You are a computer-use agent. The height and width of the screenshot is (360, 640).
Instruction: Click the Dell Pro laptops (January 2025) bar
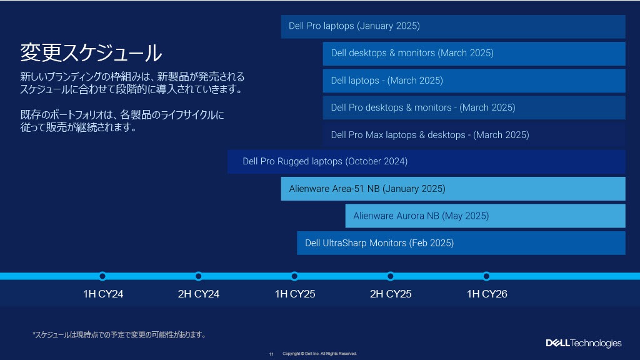pos(453,26)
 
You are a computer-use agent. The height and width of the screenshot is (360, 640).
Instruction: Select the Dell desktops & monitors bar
pos(474,54)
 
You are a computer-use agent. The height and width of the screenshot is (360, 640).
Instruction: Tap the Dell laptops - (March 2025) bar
pos(474,81)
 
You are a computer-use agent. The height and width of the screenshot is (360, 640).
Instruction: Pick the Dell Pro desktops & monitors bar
pos(474,107)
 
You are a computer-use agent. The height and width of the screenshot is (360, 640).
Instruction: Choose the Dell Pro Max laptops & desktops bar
pos(474,135)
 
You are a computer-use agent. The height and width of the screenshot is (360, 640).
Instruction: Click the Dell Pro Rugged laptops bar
pos(426,162)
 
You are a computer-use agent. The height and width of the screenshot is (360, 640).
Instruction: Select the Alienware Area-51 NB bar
pos(453,189)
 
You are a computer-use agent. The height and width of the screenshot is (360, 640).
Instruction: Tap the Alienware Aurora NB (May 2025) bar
pos(485,216)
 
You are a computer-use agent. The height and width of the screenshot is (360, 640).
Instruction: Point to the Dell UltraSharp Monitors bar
pos(461,243)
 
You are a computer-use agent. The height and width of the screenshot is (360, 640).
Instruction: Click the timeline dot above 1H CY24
pos(102,276)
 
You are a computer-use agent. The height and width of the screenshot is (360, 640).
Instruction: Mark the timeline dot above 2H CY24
pos(198,276)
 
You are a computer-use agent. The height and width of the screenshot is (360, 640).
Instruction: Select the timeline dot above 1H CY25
pos(294,276)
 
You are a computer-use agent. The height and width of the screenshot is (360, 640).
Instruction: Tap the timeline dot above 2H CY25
pos(390,276)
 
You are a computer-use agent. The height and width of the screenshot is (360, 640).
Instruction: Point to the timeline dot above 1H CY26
pos(486,276)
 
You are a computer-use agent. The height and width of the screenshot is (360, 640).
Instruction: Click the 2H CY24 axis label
pos(199,294)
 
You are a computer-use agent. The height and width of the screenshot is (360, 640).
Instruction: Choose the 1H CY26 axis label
pos(487,294)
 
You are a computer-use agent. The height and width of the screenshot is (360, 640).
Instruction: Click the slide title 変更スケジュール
pos(91,53)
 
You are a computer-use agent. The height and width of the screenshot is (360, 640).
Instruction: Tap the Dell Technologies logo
pos(584,343)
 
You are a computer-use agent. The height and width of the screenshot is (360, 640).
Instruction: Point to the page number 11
pos(271,354)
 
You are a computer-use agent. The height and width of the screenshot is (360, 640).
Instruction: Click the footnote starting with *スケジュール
pos(119,335)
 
